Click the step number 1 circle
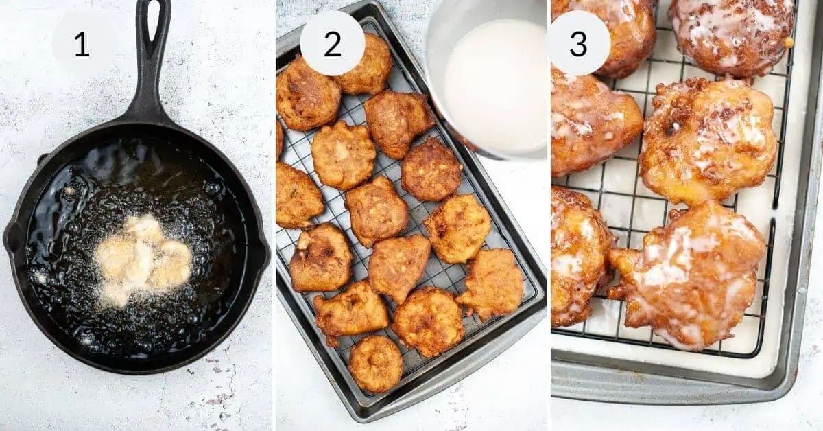[x=82, y=44]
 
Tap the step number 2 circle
[x=333, y=44]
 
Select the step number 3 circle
[x=578, y=44]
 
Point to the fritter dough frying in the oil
[x=142, y=259]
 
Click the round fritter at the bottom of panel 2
[x=375, y=363]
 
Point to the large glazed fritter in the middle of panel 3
[x=707, y=140]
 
